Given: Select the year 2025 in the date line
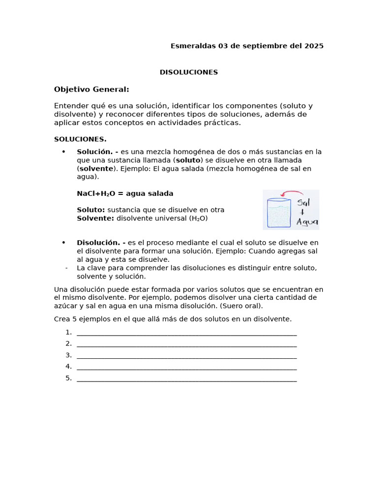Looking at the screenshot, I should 314,46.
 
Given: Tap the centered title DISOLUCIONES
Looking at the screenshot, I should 189,72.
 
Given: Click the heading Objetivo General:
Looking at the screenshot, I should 92,89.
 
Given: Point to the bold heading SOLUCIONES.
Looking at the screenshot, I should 80,139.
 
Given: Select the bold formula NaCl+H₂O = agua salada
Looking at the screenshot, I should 125,193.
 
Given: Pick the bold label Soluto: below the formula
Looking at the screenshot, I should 91,210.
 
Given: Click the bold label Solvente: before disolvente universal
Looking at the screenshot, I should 95,218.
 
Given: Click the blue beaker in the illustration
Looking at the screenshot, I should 279,212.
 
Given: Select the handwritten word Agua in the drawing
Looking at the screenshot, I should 307,222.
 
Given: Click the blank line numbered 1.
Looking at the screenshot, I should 187,333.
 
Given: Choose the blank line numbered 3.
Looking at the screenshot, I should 187,356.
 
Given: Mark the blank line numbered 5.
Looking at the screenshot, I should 187,379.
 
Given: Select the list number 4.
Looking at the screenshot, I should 68,367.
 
